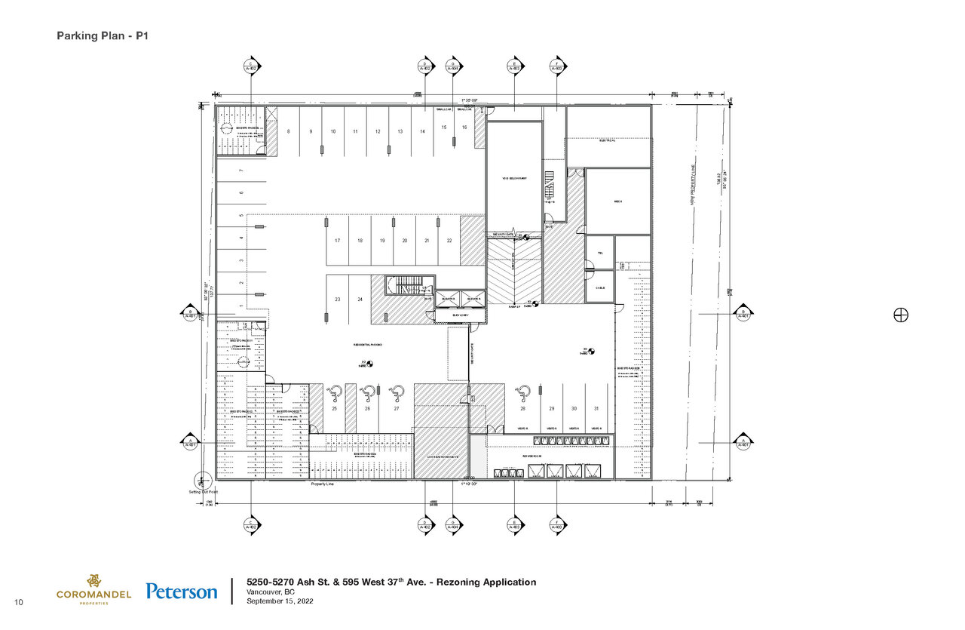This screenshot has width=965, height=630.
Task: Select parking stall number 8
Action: (289, 131)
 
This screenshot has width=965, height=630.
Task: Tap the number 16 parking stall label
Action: (464, 128)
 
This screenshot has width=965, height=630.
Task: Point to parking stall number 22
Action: (449, 241)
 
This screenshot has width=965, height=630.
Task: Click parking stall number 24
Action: (360, 300)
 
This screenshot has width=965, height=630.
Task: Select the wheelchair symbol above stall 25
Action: (335, 392)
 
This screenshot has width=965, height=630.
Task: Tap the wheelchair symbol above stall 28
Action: (522, 392)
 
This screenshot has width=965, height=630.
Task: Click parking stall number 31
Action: (596, 408)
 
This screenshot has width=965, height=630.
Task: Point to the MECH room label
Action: (617, 201)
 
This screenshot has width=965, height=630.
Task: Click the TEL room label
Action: (600, 254)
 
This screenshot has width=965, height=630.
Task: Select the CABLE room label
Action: (600, 287)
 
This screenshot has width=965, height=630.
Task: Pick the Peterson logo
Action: (182, 592)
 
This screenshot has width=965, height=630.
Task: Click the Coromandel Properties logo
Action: (93, 589)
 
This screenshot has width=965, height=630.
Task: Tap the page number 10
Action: (19, 601)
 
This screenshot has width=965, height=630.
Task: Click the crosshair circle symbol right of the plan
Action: (900, 315)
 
